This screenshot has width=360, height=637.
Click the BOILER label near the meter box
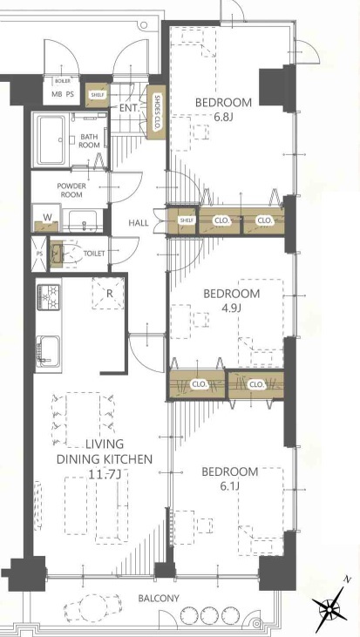coord(62,81)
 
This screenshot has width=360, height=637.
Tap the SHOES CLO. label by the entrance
coord(156,112)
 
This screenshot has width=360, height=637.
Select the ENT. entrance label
coord(130,108)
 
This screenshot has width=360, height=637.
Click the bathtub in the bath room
coord(51,140)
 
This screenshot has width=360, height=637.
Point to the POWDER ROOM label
coord(71,190)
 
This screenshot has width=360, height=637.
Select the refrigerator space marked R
coord(108,294)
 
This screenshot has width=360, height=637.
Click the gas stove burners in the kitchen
coord(48,297)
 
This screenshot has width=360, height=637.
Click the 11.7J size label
coord(105,473)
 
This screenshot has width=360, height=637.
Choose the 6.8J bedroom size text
coord(223,117)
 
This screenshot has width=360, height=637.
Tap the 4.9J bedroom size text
coord(231,308)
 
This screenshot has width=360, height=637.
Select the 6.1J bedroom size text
coord(229,486)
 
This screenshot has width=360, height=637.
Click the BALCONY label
coord(159,599)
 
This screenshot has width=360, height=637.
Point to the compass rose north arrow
coord(330,608)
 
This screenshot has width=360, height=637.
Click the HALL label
coord(139,223)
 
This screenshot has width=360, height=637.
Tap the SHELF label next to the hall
coord(187,220)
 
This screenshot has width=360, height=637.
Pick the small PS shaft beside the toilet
coord(40,254)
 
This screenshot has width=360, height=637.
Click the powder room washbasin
coord(84,221)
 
